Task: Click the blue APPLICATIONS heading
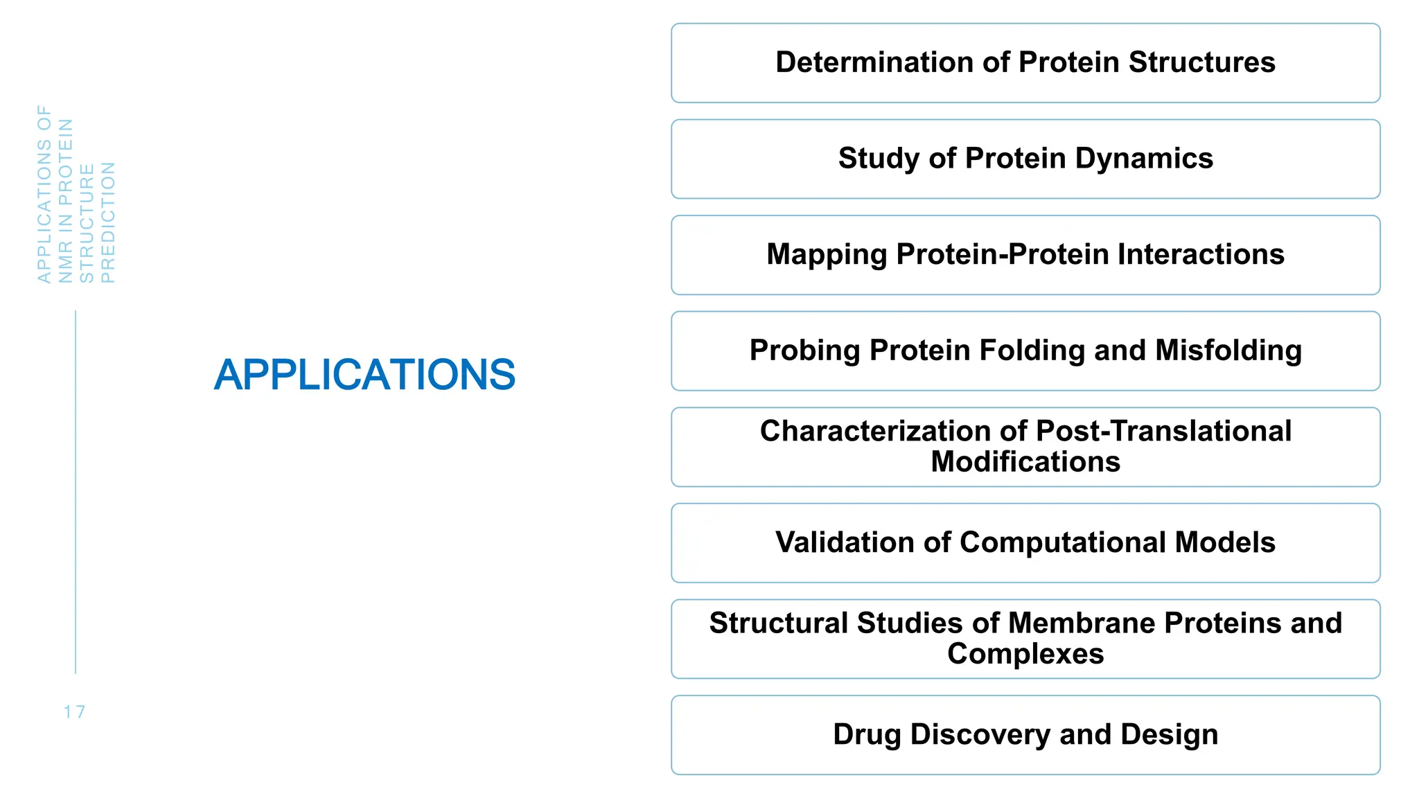coord(364,375)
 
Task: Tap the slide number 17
coord(74,712)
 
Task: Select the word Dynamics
coord(1144,159)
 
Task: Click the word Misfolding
coord(1228,351)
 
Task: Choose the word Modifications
coord(1025,462)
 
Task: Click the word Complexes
coord(1025,654)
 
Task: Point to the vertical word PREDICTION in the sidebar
coord(109,222)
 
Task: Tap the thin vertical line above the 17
coord(76,492)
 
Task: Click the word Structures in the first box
coord(1201,62)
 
